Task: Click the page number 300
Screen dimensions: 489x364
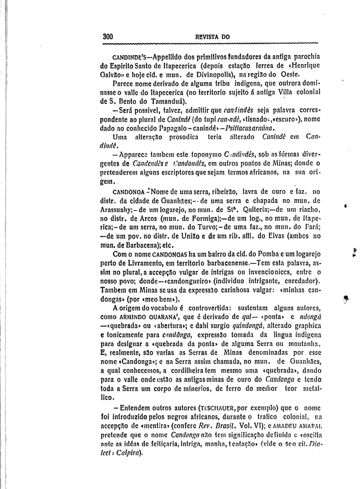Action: pos(108,37)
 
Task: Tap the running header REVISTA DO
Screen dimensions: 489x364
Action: pos(212,37)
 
